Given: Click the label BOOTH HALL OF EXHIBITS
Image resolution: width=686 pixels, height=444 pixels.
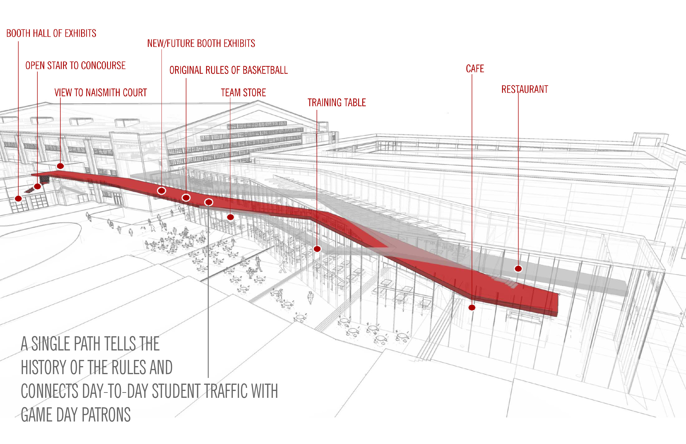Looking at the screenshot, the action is [51, 33].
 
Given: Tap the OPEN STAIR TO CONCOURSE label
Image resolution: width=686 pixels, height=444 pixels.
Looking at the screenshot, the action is [76, 66].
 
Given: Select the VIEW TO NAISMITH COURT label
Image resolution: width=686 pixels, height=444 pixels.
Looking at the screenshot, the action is [101, 93].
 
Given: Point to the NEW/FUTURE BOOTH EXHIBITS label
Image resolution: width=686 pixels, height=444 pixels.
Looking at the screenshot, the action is [201, 44].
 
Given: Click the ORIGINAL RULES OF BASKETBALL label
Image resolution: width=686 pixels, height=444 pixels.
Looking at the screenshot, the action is [229, 70].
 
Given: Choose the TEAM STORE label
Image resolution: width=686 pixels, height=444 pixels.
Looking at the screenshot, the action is [244, 93].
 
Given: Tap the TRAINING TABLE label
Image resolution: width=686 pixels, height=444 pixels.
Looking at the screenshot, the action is [337, 103].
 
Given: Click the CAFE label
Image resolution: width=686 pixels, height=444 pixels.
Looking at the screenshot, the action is [475, 69].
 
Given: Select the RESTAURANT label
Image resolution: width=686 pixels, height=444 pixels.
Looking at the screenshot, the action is [525, 89].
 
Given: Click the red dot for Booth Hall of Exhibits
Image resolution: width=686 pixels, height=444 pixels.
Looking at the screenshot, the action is [18, 198].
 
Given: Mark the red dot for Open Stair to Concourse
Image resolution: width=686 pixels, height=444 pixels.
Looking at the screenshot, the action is [37, 186].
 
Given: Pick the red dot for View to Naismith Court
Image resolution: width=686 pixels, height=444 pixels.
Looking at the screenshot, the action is [60, 166].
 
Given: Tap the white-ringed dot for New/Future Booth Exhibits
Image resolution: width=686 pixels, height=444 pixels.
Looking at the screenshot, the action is [161, 190].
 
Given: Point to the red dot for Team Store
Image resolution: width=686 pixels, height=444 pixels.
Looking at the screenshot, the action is [230, 217].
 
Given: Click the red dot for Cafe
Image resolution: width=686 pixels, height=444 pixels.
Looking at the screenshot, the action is [472, 308].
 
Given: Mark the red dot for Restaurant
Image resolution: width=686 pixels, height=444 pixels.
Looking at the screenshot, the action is [518, 269].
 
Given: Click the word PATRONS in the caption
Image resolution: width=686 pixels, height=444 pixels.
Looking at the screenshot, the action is [106, 415].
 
